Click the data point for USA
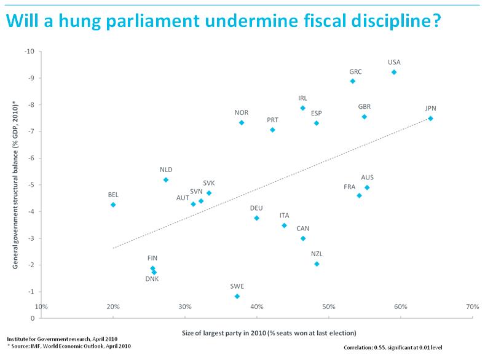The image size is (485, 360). [x=394, y=72]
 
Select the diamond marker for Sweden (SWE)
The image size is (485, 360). [x=237, y=296]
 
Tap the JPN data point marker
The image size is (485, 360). [x=430, y=119]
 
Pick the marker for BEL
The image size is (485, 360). [x=113, y=205]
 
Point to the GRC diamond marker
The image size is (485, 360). [x=352, y=81]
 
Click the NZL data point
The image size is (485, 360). [x=317, y=264]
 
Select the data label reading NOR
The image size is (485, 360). [x=242, y=112]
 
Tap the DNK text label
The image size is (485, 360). [x=152, y=280]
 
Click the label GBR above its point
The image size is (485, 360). [x=365, y=106]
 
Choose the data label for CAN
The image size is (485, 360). [x=303, y=228]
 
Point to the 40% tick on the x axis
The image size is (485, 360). [x=257, y=324]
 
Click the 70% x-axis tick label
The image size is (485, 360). [x=472, y=324]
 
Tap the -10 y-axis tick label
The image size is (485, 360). [x=29, y=51]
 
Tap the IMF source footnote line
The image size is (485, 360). [x=69, y=346]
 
